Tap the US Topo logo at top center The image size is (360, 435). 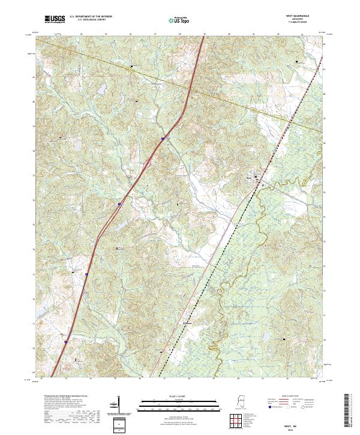[174, 19]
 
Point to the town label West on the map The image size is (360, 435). [249, 177]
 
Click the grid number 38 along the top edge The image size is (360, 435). [179, 34]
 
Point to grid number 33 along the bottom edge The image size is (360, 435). [66, 379]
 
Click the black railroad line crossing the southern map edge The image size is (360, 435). [163, 376]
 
